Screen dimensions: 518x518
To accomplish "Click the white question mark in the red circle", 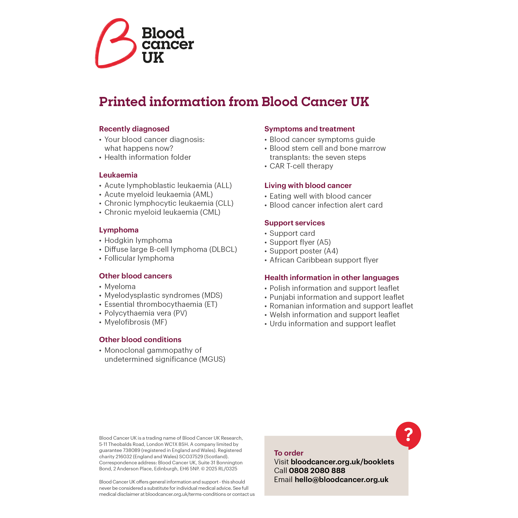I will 408,435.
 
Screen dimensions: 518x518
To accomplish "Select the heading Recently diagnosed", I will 134,129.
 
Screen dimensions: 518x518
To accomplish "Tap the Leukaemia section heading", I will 118,175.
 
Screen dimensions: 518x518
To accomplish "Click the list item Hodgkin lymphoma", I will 138,240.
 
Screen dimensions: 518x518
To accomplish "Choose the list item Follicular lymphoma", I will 139,258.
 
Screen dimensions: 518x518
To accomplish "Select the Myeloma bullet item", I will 120,287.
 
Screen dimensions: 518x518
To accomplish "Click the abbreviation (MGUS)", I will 212,359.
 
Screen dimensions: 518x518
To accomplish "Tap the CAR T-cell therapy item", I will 301,166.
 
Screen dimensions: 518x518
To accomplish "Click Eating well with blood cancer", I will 320,196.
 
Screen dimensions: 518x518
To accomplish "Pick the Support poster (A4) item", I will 304,251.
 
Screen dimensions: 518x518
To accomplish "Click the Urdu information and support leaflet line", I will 333,324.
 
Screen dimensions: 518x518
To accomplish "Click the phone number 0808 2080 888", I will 317,471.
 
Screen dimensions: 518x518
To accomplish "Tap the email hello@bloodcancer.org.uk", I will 341,479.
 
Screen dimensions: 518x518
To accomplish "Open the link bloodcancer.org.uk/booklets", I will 342,462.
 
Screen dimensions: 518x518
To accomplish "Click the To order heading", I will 288,453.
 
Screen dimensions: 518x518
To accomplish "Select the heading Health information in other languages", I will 331,278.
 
